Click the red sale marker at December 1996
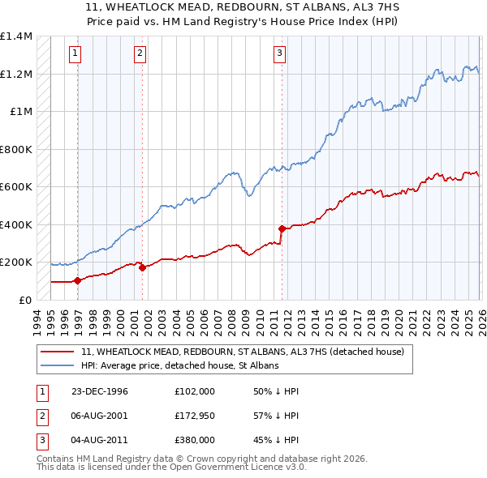tap(78, 281)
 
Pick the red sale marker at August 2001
tap(142, 267)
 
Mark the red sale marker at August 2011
tap(282, 228)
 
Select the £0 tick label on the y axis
tap(25, 301)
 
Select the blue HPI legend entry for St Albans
tap(179, 366)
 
